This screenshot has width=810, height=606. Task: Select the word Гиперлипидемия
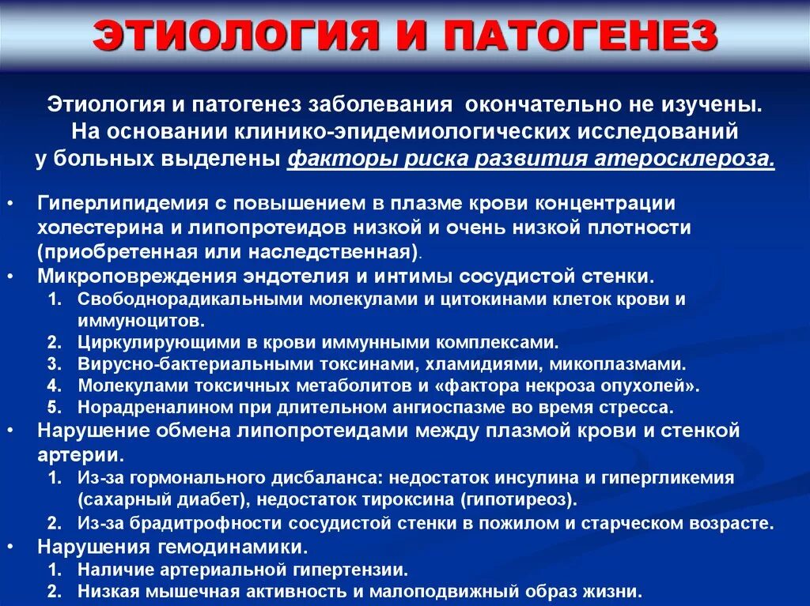tap(119, 203)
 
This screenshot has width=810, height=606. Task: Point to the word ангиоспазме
tap(461, 408)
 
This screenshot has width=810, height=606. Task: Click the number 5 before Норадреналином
tap(54, 408)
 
